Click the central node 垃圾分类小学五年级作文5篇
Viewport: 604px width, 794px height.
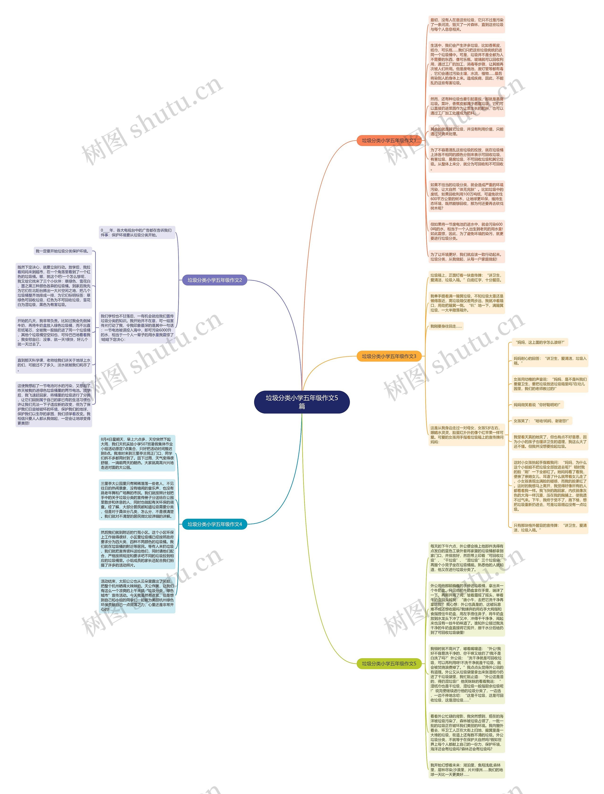pyautogui.click(x=302, y=402)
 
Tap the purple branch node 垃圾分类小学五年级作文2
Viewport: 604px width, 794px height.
pyautogui.click(x=215, y=280)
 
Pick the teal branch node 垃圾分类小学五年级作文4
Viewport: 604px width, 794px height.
pyautogui.click(x=215, y=524)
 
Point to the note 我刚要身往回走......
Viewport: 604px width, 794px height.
pyautogui.click(x=446, y=326)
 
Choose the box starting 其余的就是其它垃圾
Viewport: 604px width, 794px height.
pyautogui.click(x=467, y=132)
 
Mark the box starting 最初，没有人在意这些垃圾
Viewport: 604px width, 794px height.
pyautogui.click(x=467, y=25)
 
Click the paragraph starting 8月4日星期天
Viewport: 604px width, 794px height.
pyautogui.click(x=137, y=453)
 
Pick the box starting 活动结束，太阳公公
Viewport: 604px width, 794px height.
pyautogui.click(x=137, y=595)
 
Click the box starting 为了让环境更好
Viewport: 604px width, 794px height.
pyautogui.click(x=467, y=256)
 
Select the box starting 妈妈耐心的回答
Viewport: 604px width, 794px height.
pyautogui.click(x=550, y=361)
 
